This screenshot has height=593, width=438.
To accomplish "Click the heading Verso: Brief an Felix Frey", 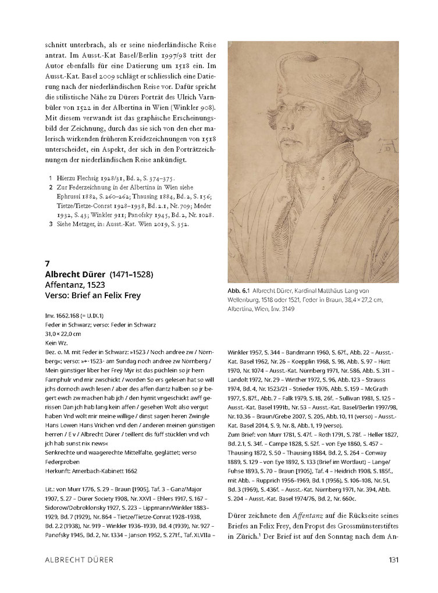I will click(x=92, y=295).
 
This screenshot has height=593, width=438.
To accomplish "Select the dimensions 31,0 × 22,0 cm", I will click(x=64, y=334).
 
